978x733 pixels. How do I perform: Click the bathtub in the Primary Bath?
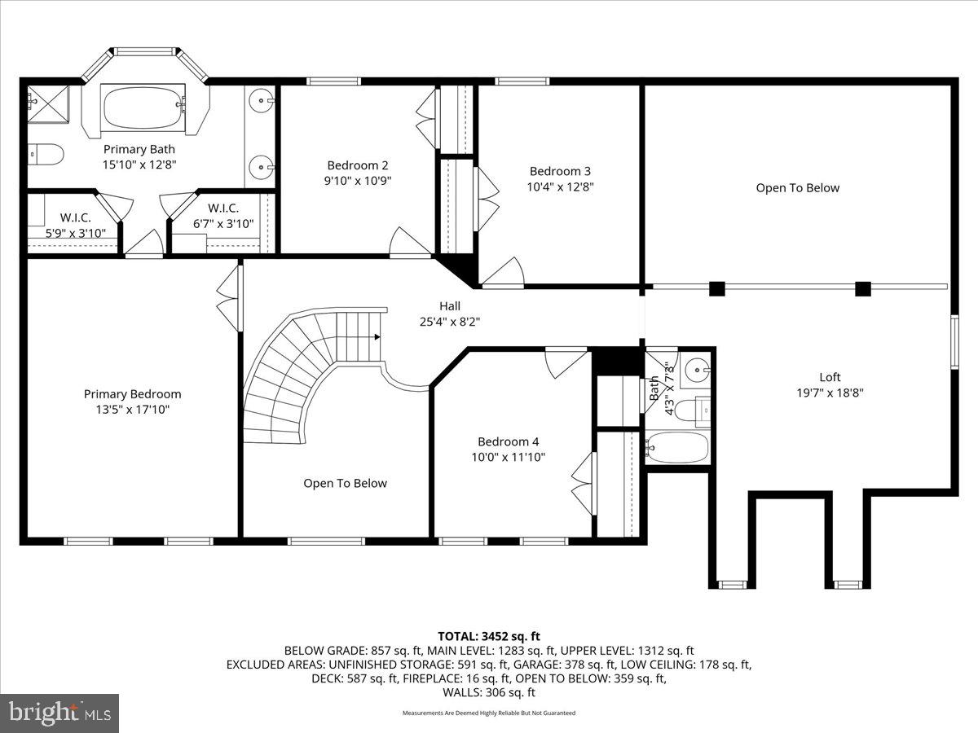[x=143, y=108]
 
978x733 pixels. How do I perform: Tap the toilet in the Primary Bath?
[x=46, y=153]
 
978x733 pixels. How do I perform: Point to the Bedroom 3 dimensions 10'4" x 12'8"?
[x=560, y=186]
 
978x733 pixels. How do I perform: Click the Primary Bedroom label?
[x=132, y=394]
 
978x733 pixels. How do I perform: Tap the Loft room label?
[x=830, y=377]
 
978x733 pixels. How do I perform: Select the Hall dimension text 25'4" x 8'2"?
[x=449, y=321]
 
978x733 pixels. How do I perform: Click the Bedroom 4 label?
[x=508, y=441]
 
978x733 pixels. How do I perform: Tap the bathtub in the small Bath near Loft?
[x=678, y=447]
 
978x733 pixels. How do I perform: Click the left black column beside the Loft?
[x=717, y=287]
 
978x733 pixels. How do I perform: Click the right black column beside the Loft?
[x=862, y=287]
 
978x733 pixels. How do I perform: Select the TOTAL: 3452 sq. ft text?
[x=489, y=636]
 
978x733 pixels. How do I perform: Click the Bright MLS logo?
[x=59, y=713]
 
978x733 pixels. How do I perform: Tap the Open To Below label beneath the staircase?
[x=345, y=483]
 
